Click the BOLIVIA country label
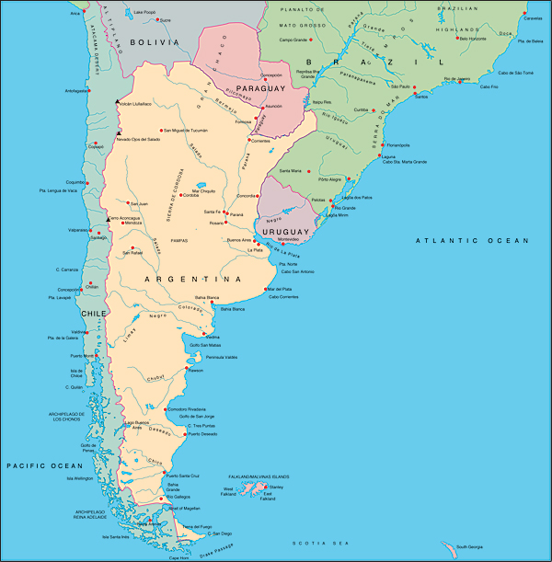pyautogui.click(x=153, y=42)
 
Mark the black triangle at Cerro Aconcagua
pyautogui.click(x=108, y=219)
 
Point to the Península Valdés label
pyautogui.click(x=222, y=356)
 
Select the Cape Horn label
pyautogui.click(x=178, y=557)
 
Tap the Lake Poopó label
pyautogui.click(x=144, y=12)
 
